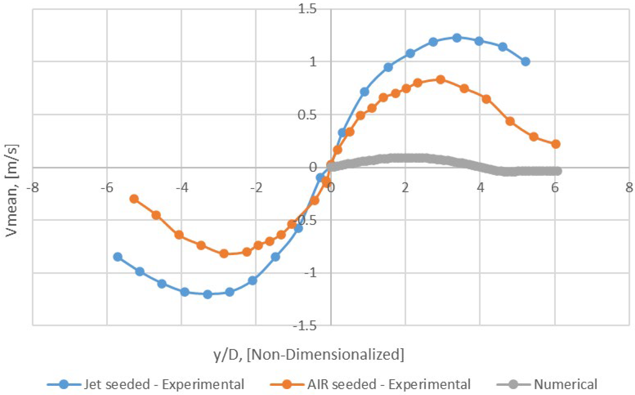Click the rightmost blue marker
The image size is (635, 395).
click(x=525, y=62)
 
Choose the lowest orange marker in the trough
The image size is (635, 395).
click(x=224, y=253)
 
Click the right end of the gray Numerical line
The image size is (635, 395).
click(x=558, y=171)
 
